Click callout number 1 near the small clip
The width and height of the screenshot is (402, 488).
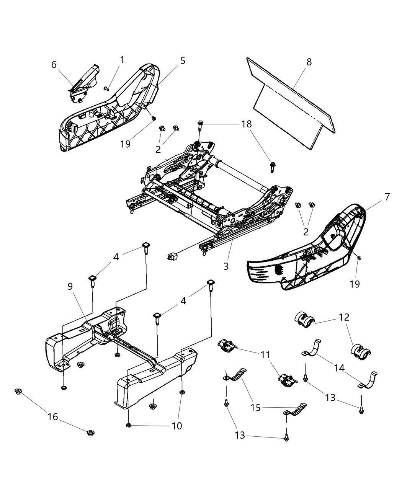tap(122, 60)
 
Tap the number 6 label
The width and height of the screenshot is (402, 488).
tap(54, 65)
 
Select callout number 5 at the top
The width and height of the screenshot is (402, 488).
tap(183, 60)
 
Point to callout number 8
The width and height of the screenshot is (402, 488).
tap(309, 62)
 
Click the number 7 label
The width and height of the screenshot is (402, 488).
tap(387, 197)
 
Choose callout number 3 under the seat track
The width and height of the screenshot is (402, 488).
tap(226, 266)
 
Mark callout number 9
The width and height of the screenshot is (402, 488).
tap(70, 286)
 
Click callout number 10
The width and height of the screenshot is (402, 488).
tap(177, 426)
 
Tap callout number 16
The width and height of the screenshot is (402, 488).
tap(53, 416)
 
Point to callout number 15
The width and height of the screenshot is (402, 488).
tap(256, 408)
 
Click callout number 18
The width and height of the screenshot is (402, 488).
tap(247, 124)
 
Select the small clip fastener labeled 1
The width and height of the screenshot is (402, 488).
tap(106, 88)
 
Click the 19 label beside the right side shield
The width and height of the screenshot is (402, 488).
tap(355, 284)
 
